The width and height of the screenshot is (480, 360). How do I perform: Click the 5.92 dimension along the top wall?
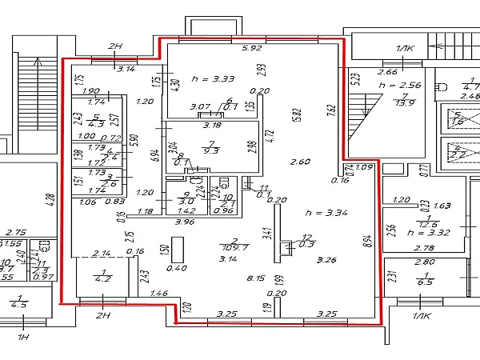click(252, 48)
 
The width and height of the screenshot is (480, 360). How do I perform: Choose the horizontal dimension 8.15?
click(256, 279)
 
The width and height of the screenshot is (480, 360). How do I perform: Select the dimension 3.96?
click(185, 222)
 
